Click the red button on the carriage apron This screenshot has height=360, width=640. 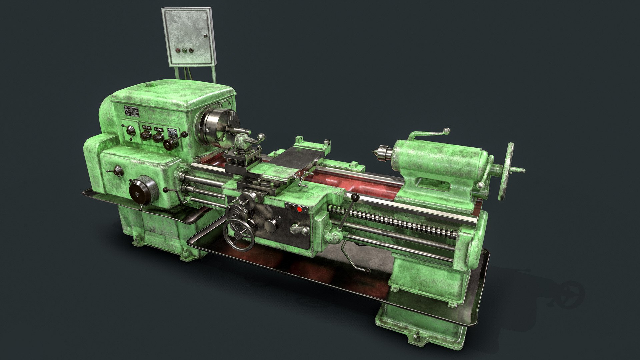(299, 209)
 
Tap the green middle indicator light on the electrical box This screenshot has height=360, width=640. (184, 51)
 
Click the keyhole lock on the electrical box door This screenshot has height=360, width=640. (205, 36)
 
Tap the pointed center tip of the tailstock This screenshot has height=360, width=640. (375, 153)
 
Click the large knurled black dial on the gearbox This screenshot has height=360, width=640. (143, 190)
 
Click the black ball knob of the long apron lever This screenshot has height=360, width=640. (355, 197)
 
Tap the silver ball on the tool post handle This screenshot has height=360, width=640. (262, 136)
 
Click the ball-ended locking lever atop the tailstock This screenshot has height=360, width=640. (446, 131)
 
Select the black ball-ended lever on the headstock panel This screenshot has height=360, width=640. (184, 134)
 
